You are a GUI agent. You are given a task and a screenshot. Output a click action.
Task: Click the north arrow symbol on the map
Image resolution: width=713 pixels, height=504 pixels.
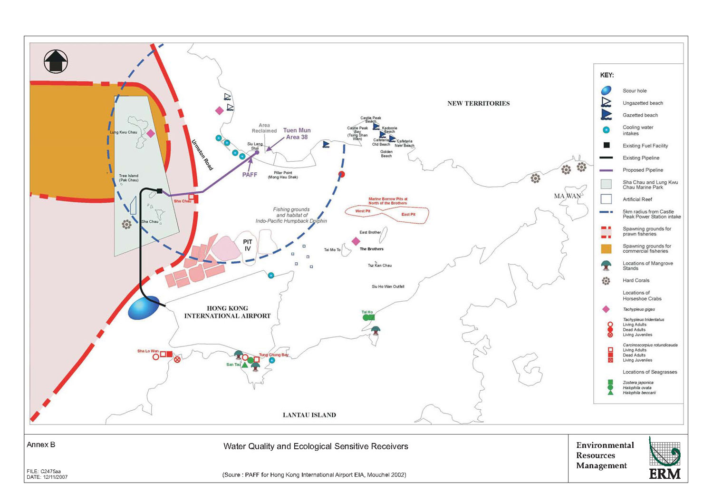[56, 61]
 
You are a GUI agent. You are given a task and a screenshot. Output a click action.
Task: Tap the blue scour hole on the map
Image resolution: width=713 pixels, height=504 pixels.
[144, 308]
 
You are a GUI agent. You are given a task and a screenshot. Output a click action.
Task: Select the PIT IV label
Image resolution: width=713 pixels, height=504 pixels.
[248, 245]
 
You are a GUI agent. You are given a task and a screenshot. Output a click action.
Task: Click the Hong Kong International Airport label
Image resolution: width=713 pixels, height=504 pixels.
[227, 312]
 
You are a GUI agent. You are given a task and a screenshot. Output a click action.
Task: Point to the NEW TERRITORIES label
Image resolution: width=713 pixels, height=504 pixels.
[478, 103]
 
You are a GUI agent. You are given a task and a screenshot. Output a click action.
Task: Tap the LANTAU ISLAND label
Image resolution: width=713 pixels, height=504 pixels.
[309, 415]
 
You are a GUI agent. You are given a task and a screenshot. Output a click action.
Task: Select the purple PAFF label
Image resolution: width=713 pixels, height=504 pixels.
[250, 175]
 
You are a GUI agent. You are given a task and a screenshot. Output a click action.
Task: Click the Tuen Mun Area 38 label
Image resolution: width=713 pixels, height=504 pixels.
[297, 134]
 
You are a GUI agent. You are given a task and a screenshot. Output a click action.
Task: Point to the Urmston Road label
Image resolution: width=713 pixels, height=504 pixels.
[202, 155]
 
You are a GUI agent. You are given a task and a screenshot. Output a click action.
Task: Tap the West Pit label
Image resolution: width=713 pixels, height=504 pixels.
[363, 211]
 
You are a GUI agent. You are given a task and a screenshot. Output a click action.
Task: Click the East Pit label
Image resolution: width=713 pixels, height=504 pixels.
[408, 215]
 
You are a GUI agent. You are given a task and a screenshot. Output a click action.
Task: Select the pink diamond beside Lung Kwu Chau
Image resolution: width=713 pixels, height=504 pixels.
[151, 134]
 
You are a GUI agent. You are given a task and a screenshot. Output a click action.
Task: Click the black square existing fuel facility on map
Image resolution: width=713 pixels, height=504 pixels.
[159, 191]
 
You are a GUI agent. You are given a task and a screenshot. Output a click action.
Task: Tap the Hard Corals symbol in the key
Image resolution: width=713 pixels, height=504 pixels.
[606, 281]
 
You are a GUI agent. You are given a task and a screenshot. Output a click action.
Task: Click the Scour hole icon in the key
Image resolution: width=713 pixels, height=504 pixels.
[606, 90]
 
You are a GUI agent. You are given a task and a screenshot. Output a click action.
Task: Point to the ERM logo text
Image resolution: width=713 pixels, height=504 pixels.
[665, 474]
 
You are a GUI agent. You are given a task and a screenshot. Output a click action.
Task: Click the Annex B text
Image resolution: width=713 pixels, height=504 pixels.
[41, 445]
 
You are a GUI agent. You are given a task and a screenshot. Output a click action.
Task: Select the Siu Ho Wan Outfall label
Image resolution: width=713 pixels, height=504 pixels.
[388, 287]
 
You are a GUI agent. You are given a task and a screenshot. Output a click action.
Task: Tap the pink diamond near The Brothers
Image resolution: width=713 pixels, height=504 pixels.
[356, 241]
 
